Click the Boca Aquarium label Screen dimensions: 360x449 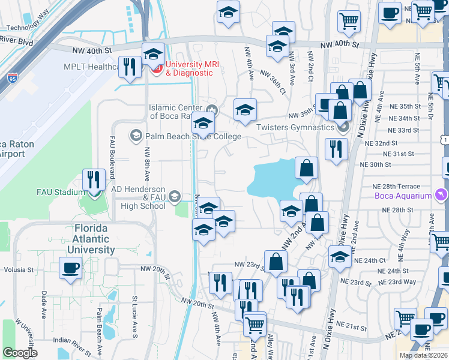click(x=403, y=196)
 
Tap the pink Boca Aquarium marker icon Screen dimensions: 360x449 click(x=442, y=196)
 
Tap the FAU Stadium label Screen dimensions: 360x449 click(x=58, y=193)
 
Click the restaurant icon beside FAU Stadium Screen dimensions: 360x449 click(x=94, y=179)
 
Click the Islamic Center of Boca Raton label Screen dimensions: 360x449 click(x=177, y=112)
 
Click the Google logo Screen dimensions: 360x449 click(x=20, y=353)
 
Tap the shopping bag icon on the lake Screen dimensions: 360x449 click(x=306, y=169)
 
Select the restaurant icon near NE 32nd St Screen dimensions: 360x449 click(x=336, y=148)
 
